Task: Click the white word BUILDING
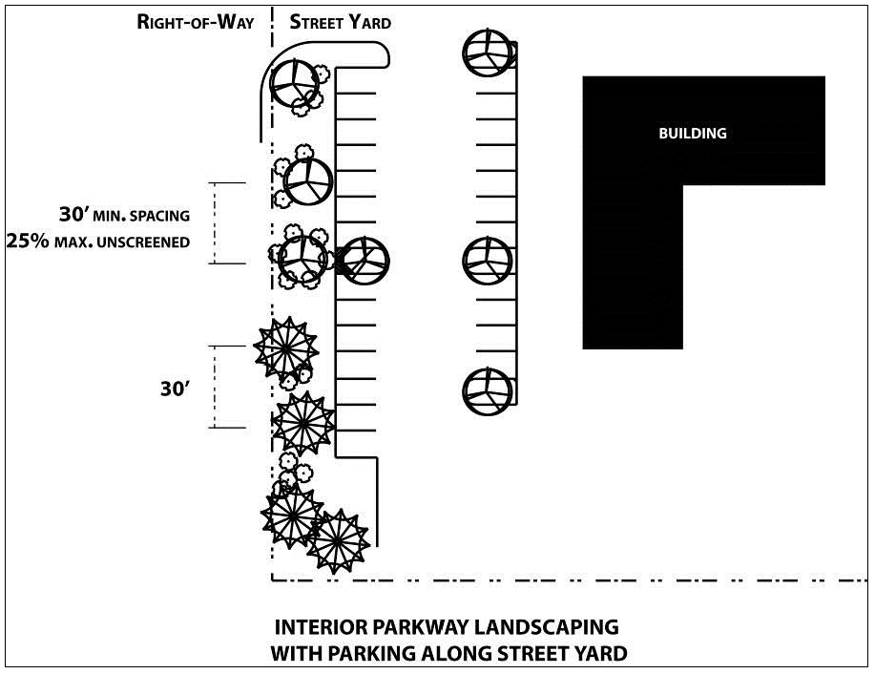[693, 134]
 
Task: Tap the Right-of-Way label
[196, 22]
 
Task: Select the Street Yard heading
[340, 22]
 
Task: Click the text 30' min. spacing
[124, 215]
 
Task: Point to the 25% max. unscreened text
[98, 242]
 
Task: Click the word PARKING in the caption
[372, 653]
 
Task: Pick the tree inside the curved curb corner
[294, 84]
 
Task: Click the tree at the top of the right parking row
[488, 53]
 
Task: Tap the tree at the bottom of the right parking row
[488, 391]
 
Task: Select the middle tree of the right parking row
[488, 261]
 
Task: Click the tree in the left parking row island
[365, 261]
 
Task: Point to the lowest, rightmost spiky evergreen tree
[338, 540]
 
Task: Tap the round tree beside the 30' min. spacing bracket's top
[308, 182]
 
